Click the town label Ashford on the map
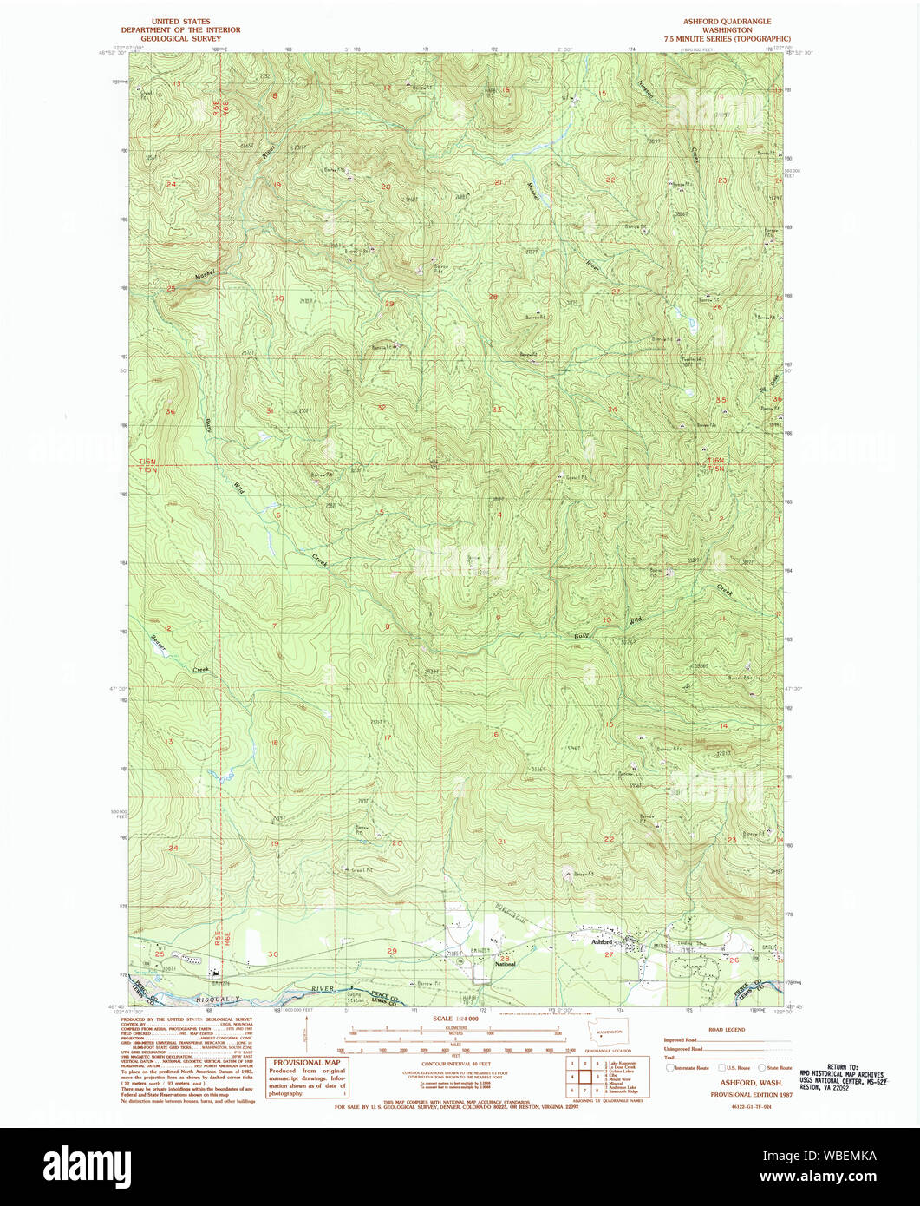tap(602, 941)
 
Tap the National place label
tap(505, 964)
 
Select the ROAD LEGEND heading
tap(727, 1029)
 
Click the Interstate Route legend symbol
tap(671, 1067)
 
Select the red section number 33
tap(497, 409)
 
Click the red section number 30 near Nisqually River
tap(273, 954)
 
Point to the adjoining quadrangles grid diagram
tap(585, 1076)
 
